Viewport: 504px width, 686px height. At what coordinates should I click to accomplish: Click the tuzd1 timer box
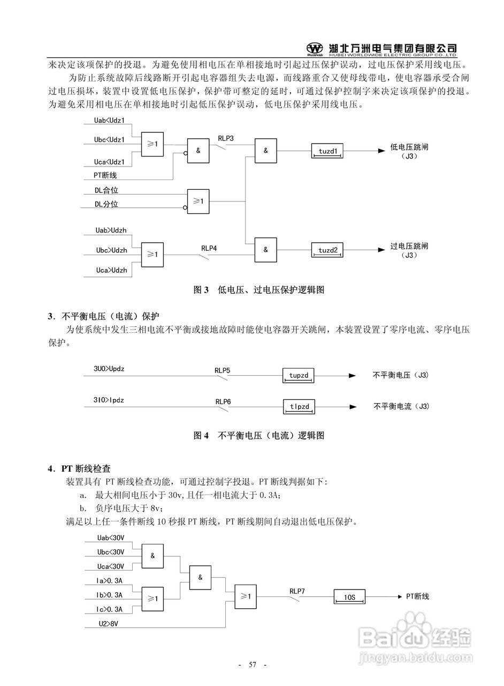pos(327,151)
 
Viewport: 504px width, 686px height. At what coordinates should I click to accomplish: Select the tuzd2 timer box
pos(327,250)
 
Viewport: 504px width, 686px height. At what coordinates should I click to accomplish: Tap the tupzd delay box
pos(299,375)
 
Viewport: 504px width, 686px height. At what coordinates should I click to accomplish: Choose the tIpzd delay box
pos(299,407)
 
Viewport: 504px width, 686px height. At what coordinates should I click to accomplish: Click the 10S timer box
pos(349,596)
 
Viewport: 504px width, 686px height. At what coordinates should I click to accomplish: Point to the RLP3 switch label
pos(225,138)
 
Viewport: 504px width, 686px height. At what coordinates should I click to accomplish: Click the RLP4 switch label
pos(209,248)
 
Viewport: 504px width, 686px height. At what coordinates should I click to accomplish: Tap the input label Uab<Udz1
pos(109,121)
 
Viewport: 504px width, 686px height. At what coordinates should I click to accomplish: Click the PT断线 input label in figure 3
pos(105,175)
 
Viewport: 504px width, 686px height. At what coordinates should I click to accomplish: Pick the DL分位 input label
pos(106,204)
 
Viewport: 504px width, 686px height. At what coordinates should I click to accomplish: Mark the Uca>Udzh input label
pos(111,270)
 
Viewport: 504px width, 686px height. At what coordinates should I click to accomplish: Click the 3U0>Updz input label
pos(109,369)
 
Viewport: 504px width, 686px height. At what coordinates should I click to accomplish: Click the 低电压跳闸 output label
pos(409,146)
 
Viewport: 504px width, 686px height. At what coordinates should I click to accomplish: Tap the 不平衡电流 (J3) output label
pos(401,407)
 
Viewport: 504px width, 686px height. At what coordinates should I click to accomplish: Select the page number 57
pos(253,665)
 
